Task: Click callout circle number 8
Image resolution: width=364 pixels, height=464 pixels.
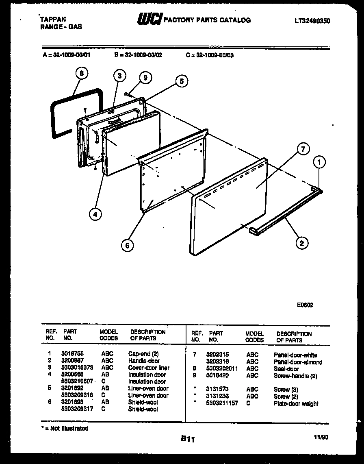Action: coord(82,74)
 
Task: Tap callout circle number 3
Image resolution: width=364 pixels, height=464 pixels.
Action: coord(119,76)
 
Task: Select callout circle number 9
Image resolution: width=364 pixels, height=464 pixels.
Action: coord(145,78)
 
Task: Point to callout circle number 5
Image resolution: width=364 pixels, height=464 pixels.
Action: coord(181,81)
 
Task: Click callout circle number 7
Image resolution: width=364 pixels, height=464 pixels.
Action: coord(303,149)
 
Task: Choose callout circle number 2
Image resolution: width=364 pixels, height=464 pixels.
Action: coord(301,244)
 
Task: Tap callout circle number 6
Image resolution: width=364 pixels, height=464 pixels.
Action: coord(127,245)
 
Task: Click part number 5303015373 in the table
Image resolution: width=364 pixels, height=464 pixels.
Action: coord(77,368)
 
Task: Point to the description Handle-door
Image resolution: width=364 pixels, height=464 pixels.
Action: coord(144,361)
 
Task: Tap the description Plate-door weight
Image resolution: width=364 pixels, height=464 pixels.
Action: coord(296,404)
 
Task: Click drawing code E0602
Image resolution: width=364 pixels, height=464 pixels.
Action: coord(305,305)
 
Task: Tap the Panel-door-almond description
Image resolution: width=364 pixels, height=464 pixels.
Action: coord(298,362)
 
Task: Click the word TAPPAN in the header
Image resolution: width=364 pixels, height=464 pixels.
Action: coord(53,19)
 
